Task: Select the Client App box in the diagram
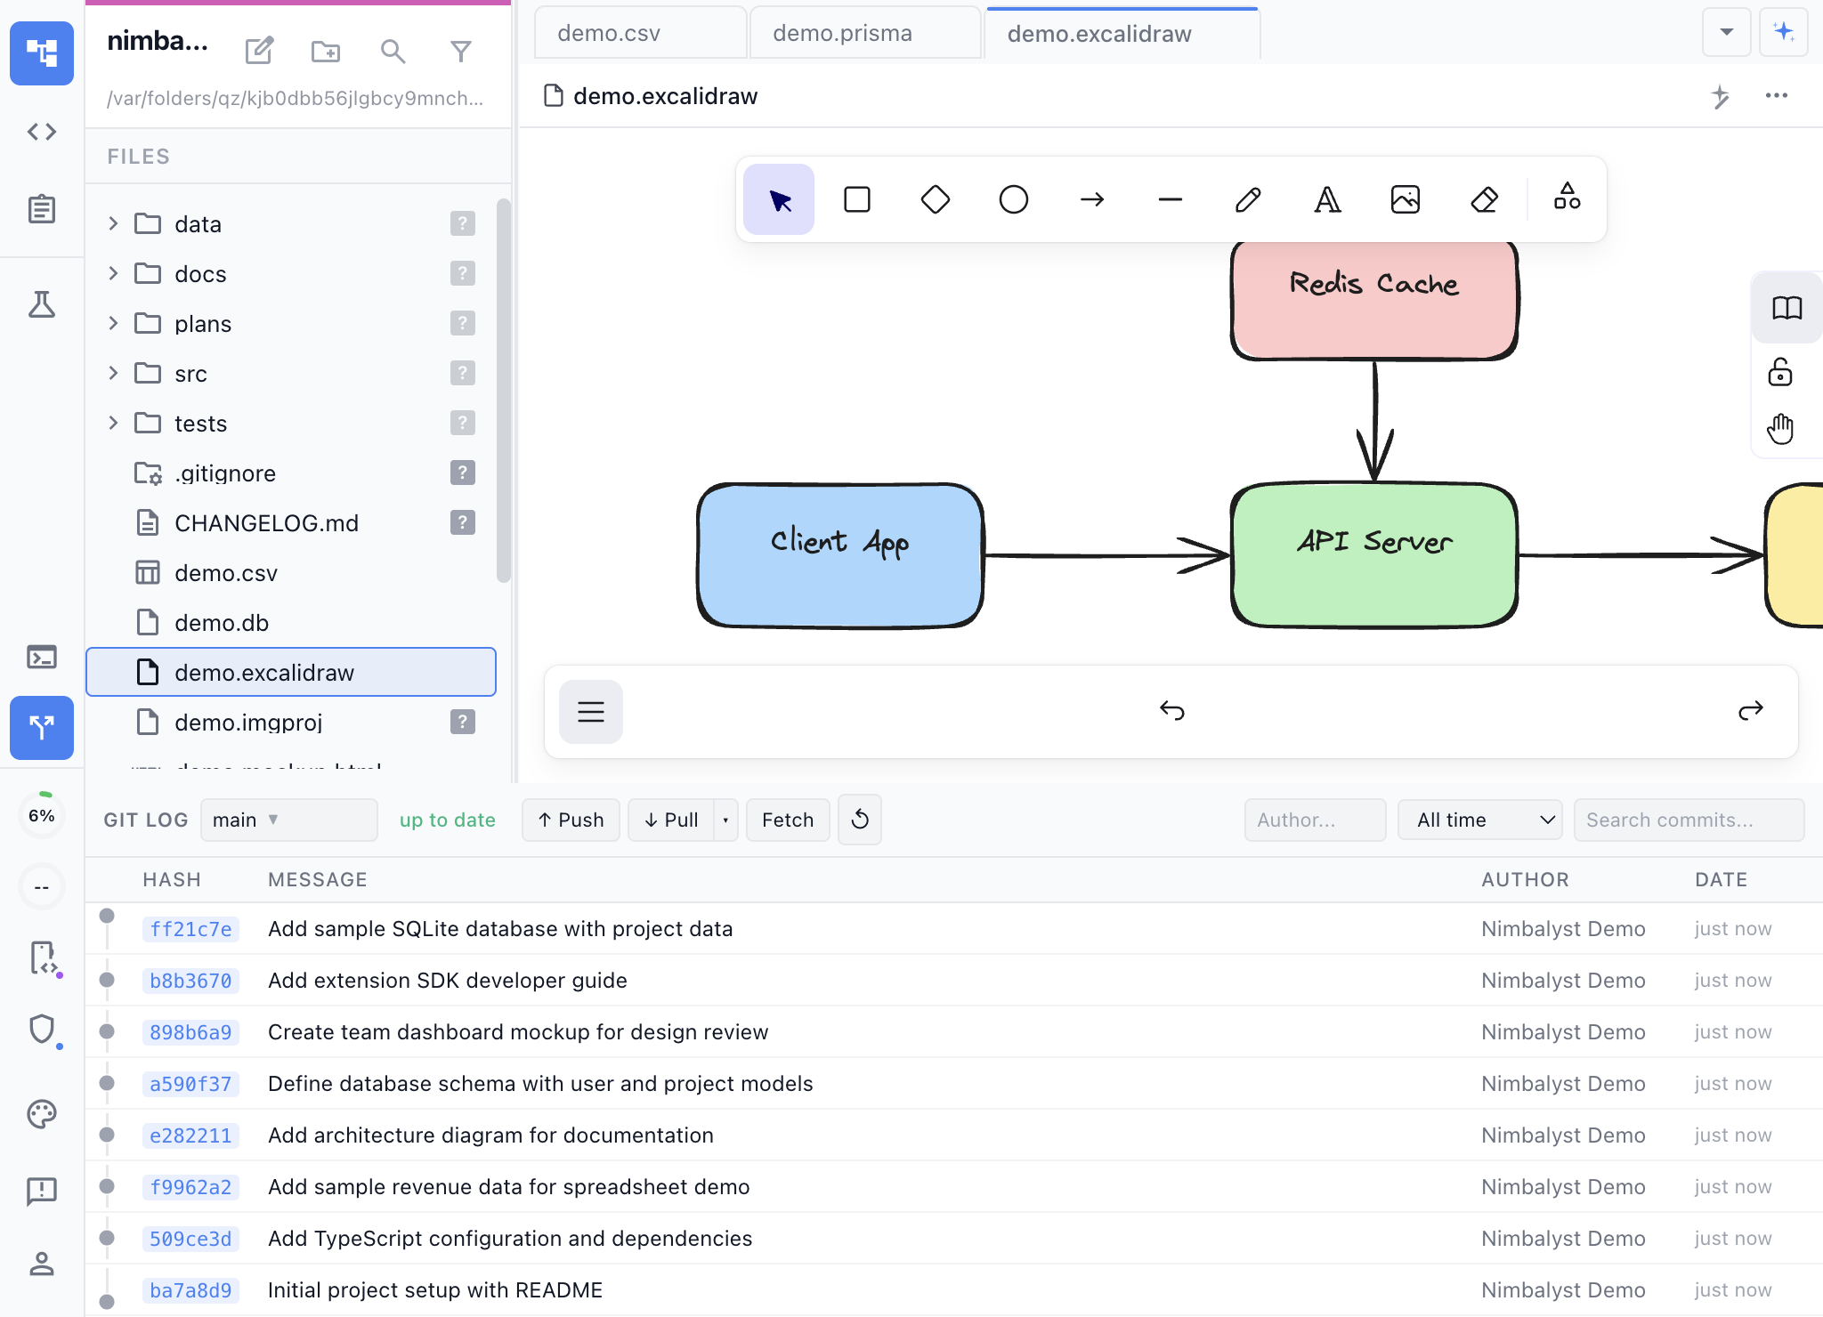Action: pyautogui.click(x=840, y=556)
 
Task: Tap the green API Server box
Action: pyautogui.click(x=1374, y=556)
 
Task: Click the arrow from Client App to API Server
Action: pyautogui.click(x=1104, y=555)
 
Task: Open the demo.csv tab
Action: pyautogui.click(x=609, y=34)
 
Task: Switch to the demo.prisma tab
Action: pyautogui.click(x=842, y=34)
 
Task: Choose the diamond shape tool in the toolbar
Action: pyautogui.click(x=935, y=199)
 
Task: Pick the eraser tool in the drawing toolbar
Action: pyautogui.click(x=1484, y=199)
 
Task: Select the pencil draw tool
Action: pyautogui.click(x=1248, y=199)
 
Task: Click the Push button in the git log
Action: pyautogui.click(x=571, y=820)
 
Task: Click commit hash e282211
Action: pyautogui.click(x=190, y=1135)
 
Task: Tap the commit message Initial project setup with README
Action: pyautogui.click(x=435, y=1290)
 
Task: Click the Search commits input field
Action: pyautogui.click(x=1688, y=820)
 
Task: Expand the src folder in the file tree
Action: pyautogui.click(x=113, y=374)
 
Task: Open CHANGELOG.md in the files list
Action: pyautogui.click(x=266, y=523)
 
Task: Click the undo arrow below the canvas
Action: pyautogui.click(x=1171, y=711)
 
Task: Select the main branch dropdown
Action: pyautogui.click(x=288, y=820)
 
